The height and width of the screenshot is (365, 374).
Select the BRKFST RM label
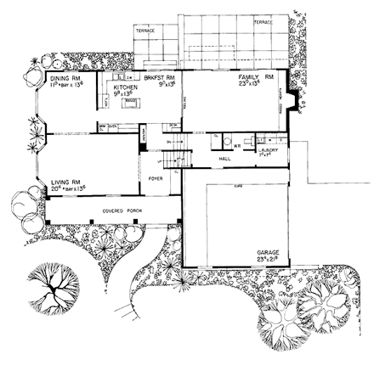coord(160,78)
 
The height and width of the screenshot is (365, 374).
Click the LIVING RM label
coord(65,182)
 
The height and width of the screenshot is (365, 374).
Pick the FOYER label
coord(156,180)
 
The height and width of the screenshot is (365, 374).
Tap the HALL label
coord(225,159)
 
